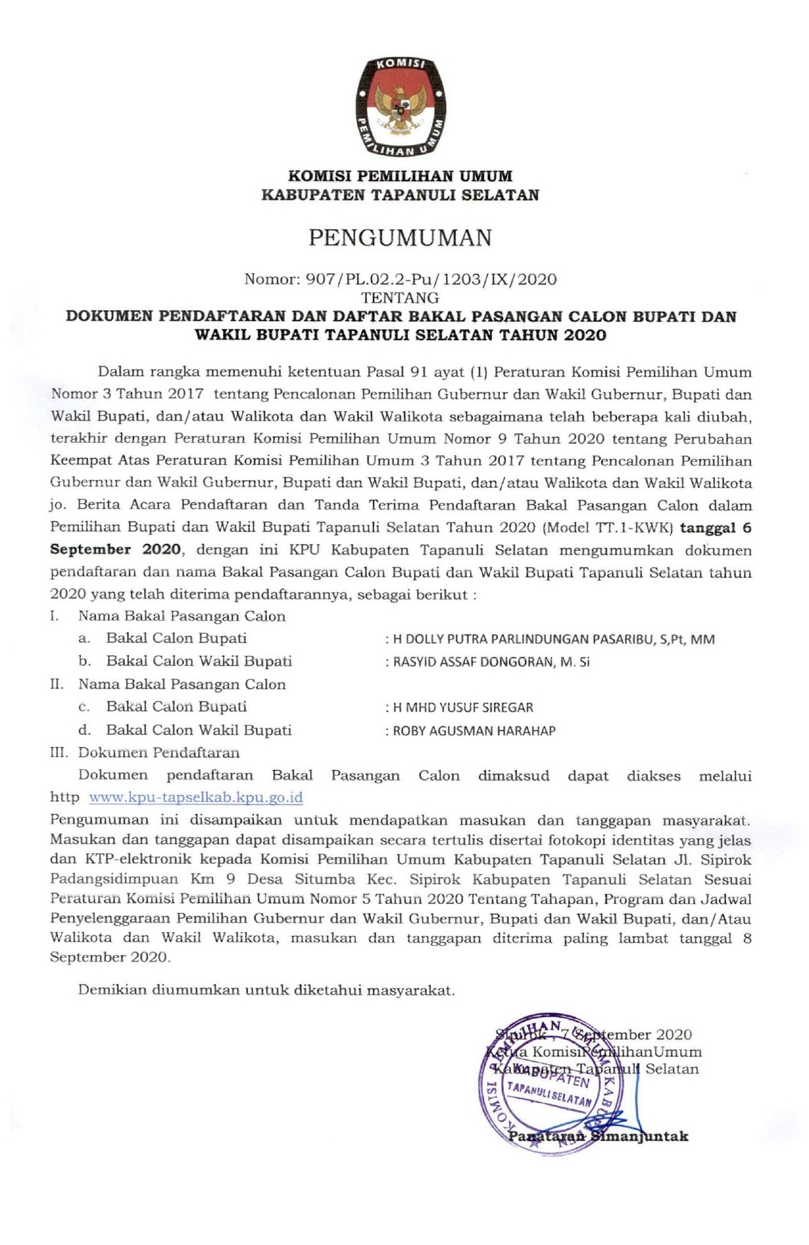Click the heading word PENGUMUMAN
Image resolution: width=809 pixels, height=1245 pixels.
[400, 238]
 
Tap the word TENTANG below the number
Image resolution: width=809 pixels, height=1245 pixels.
[400, 298]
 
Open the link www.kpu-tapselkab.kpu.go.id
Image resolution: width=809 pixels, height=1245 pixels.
[195, 797]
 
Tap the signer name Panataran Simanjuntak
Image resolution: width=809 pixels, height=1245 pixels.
[598, 1136]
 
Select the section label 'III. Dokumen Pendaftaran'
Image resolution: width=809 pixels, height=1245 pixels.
[145, 753]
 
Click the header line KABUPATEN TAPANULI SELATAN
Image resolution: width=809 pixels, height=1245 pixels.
[400, 195]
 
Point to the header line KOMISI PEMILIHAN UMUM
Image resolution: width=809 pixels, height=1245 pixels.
[400, 176]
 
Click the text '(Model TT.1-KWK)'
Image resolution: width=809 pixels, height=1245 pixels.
[607, 528]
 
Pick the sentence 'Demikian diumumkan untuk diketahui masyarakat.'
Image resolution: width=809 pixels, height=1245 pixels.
[266, 990]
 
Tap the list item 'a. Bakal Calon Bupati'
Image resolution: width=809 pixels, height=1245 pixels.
[163, 638]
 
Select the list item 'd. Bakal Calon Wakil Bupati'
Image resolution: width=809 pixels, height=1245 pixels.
[185, 730]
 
